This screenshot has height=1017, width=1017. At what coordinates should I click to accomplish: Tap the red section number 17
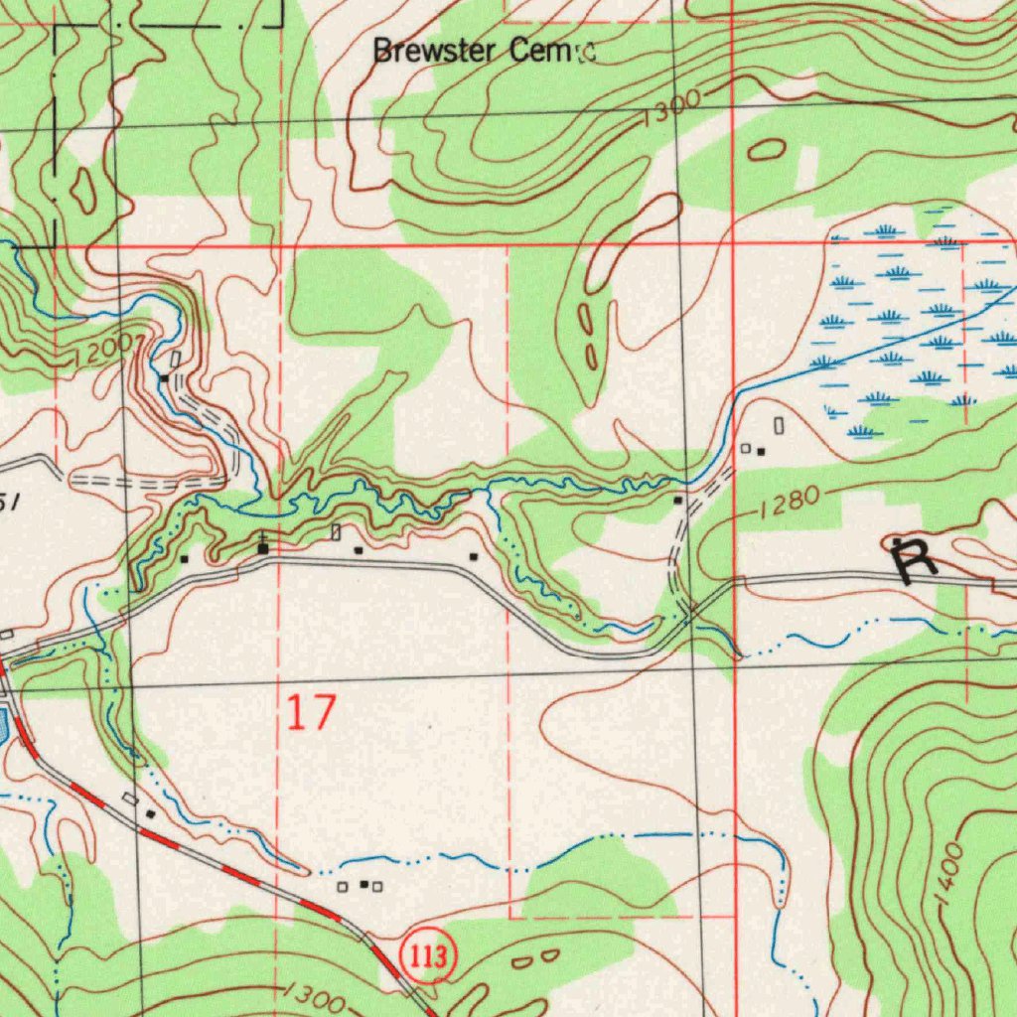(x=312, y=713)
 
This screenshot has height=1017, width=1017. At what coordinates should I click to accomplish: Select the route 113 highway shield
(x=428, y=958)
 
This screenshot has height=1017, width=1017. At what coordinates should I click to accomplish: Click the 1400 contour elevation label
(x=949, y=873)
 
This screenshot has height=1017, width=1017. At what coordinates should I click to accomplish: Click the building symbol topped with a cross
(x=263, y=546)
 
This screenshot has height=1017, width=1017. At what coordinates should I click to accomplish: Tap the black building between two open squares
(x=363, y=884)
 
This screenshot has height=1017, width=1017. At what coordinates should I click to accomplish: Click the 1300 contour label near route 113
(x=313, y=997)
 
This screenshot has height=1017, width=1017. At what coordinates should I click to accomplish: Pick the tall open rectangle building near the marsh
(x=779, y=426)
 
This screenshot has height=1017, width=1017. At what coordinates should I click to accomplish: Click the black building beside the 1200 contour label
(x=164, y=378)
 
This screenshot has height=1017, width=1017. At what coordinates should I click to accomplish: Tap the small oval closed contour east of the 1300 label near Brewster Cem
(x=767, y=150)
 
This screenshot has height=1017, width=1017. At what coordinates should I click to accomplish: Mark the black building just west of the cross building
(x=185, y=559)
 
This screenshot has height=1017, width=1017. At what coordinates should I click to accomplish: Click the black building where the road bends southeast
(x=473, y=557)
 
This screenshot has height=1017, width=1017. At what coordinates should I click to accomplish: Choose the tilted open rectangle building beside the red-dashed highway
(x=130, y=799)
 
